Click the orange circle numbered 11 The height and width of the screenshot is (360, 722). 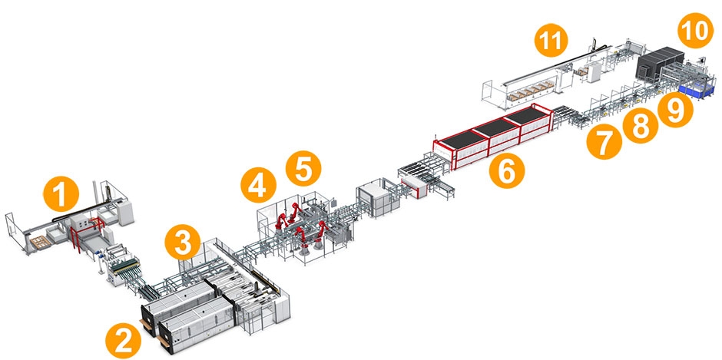click(554, 41)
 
